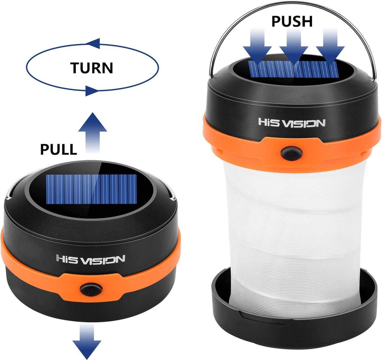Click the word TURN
point(92,68)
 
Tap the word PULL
point(59,149)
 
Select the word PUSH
point(292,21)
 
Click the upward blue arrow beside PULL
point(93,133)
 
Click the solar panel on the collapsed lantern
point(92,189)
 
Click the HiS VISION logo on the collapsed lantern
point(91,259)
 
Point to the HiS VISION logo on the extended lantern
point(292,123)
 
